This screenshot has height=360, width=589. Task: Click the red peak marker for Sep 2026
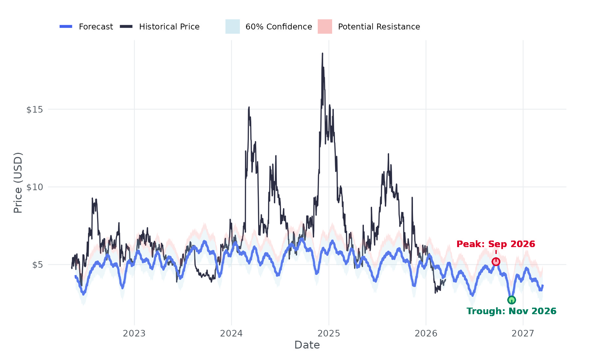tap(496, 261)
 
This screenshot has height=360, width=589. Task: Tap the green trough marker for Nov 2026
tap(511, 300)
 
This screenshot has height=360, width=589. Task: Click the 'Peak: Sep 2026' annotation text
tap(495, 244)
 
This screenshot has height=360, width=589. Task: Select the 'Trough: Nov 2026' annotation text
tap(511, 311)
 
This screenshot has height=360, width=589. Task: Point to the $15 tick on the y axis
tap(35, 110)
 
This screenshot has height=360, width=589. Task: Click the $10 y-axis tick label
tap(35, 187)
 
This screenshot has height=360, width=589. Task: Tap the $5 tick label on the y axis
tap(37, 265)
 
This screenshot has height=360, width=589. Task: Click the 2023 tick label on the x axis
tap(134, 333)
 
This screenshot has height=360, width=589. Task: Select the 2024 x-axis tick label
tap(231, 333)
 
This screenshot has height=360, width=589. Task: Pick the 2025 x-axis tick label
tap(329, 333)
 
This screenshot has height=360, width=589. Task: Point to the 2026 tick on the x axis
tap(426, 333)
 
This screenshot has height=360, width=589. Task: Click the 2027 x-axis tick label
tap(523, 333)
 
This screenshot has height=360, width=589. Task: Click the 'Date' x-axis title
tap(307, 345)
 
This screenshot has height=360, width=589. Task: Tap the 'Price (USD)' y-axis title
tap(18, 183)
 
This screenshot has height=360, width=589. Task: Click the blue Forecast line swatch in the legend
tap(66, 27)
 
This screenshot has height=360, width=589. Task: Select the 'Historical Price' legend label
tap(169, 27)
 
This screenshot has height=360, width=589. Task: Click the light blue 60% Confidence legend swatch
tap(232, 27)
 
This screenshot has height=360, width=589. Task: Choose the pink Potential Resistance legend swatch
tap(325, 27)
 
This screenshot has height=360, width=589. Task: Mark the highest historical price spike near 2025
tap(322, 53)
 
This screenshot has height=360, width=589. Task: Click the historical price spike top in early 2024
tap(249, 107)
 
